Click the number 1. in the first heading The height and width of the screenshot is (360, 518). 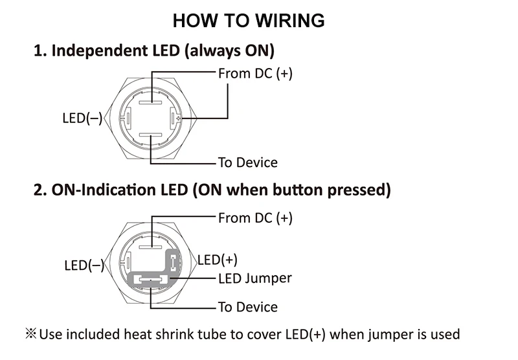40,51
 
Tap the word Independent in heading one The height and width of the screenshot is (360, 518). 99,51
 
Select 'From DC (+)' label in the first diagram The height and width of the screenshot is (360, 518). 255,74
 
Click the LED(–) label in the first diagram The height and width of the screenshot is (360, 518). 83,118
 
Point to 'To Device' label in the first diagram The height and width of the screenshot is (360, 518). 248,163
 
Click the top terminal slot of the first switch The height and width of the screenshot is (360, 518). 150,102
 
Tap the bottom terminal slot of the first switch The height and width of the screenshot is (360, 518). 150,135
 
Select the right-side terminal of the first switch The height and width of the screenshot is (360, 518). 174,118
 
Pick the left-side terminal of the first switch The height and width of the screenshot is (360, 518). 127,118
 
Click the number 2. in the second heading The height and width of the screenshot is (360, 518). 40,190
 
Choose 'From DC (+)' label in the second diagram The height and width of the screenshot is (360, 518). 255,218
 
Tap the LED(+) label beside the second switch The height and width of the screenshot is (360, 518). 218,260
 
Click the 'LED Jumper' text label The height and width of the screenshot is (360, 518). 255,278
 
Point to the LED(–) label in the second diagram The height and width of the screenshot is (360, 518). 84,265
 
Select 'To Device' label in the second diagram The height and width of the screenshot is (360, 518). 248,307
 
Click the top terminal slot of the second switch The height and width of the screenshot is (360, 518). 150,247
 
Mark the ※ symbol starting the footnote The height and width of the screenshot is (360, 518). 30,333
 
